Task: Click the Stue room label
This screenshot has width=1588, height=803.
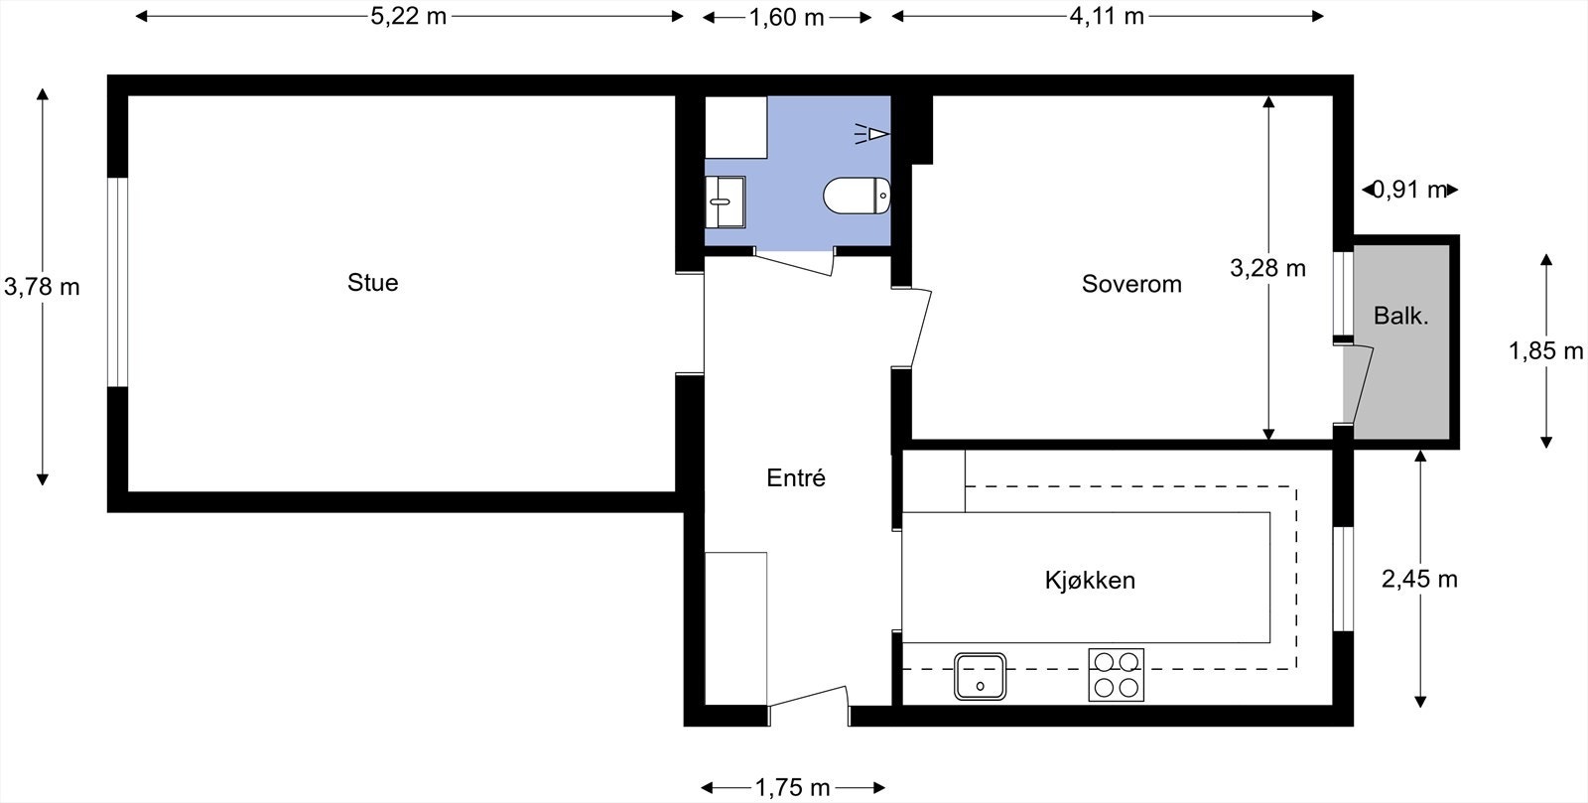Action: point(372,283)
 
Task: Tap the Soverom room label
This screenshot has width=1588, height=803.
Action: point(1131,285)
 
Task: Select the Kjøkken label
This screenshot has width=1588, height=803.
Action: point(1090,580)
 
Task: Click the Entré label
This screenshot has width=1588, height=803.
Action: point(796,478)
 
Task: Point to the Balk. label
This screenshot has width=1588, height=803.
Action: point(1400,317)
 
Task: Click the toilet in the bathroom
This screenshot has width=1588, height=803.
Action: point(857,197)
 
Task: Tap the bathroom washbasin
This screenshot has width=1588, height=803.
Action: point(724,201)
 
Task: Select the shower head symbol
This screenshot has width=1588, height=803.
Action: point(873,134)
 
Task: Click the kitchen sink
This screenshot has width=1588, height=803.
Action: point(981,676)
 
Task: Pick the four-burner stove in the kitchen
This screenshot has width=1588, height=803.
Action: point(1116,675)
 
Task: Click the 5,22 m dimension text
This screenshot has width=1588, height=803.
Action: point(408,17)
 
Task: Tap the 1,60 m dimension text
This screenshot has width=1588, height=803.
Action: point(786,17)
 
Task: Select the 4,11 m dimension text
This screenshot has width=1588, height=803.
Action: point(1107,17)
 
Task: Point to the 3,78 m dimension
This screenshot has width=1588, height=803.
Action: point(42,287)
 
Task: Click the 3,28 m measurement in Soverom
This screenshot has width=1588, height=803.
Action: point(1267,268)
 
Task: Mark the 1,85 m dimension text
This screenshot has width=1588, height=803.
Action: point(1545,350)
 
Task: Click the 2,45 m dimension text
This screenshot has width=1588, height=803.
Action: point(1419,579)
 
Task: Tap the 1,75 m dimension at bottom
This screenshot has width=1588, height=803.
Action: point(792,788)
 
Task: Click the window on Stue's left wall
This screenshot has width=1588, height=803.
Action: point(118,282)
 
